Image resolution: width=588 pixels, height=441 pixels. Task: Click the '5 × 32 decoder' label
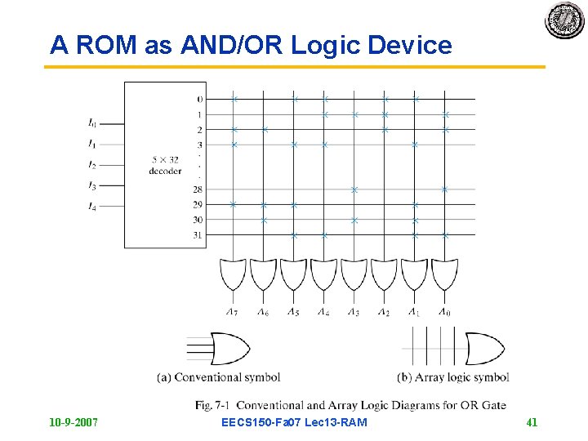(x=165, y=166)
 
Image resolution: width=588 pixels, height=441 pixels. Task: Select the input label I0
(x=92, y=124)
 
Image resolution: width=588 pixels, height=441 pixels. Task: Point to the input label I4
(x=92, y=207)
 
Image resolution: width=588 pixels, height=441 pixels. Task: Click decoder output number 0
(x=199, y=100)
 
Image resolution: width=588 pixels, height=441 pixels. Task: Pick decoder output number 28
(x=198, y=189)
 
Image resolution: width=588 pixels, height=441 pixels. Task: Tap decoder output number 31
(x=198, y=235)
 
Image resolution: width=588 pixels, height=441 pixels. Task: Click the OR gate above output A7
(x=232, y=274)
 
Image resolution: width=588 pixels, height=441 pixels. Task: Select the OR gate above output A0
(x=444, y=274)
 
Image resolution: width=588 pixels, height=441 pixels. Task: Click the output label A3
(x=353, y=311)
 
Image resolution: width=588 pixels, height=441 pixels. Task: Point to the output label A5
(x=292, y=311)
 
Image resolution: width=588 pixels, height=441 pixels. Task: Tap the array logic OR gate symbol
(x=484, y=349)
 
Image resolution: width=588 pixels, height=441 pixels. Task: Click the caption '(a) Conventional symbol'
(x=219, y=377)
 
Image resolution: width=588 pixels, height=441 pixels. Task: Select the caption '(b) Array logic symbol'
(x=453, y=377)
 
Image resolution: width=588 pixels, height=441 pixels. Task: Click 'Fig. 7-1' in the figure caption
(x=212, y=405)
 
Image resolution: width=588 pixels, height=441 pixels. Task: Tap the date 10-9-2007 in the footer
(x=73, y=422)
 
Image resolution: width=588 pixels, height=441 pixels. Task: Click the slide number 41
(x=532, y=422)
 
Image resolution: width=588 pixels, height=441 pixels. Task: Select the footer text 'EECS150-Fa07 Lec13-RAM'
(x=294, y=422)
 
